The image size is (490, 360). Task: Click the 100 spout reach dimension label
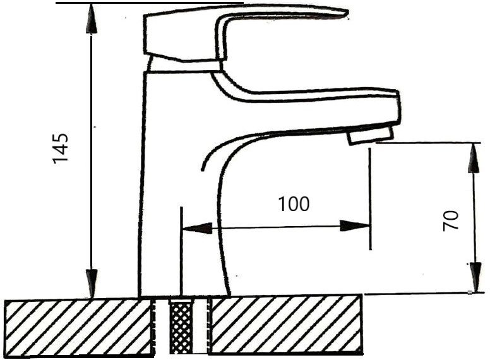click(294, 204)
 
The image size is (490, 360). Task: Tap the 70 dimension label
click(451, 220)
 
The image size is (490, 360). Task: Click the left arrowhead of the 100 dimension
click(198, 228)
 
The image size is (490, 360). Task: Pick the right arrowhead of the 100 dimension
click(355, 225)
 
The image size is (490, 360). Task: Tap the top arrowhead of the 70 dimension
click(474, 158)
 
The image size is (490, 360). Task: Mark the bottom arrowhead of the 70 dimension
click(475, 277)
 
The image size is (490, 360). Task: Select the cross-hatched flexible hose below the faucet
click(181, 326)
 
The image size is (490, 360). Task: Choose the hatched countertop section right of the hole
click(286, 325)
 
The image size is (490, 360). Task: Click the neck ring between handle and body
click(184, 66)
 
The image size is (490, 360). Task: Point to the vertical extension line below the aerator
click(370, 199)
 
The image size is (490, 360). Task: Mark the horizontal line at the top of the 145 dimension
click(150, 3)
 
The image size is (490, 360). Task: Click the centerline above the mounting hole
click(181, 251)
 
